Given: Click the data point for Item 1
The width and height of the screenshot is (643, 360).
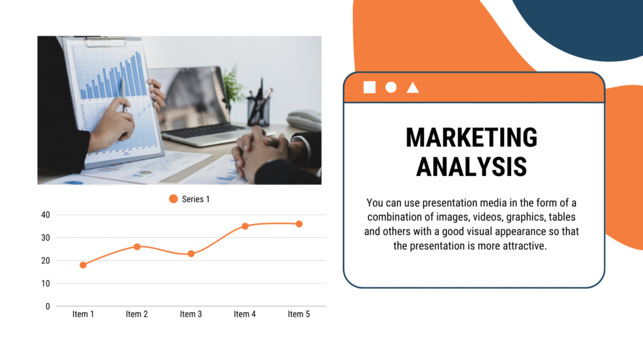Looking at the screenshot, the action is coord(83,265).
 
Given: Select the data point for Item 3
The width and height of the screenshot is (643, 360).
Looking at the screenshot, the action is coord(191,254).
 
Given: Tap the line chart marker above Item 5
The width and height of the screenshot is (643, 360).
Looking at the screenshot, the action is coord(299,224).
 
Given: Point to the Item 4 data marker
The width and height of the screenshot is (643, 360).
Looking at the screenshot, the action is coord(245,226).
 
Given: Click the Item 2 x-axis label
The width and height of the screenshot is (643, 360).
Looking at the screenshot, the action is coord(136,314).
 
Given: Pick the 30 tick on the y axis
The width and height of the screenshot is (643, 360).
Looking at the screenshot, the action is coord(45,237).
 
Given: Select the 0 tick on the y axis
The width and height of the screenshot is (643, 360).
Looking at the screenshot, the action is coord(48,306).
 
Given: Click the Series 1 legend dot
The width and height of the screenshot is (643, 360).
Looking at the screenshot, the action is coord(173,199).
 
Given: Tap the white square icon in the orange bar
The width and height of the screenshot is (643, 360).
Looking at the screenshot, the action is coord(369,87).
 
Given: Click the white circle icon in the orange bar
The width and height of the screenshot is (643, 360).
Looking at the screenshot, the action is coord(391,87).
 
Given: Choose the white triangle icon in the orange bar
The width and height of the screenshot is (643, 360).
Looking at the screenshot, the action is coord(413,87).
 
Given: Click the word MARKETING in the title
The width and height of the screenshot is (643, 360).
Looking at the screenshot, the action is coord(472,137).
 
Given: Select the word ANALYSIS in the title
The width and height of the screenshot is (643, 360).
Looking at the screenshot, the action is coord(472,166).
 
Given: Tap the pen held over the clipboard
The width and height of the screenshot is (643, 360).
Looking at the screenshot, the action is coord(123,94).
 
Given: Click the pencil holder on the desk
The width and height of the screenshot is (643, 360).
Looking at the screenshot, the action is coord(258,111).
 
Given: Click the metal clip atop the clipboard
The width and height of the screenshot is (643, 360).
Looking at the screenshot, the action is coord(105,41).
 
